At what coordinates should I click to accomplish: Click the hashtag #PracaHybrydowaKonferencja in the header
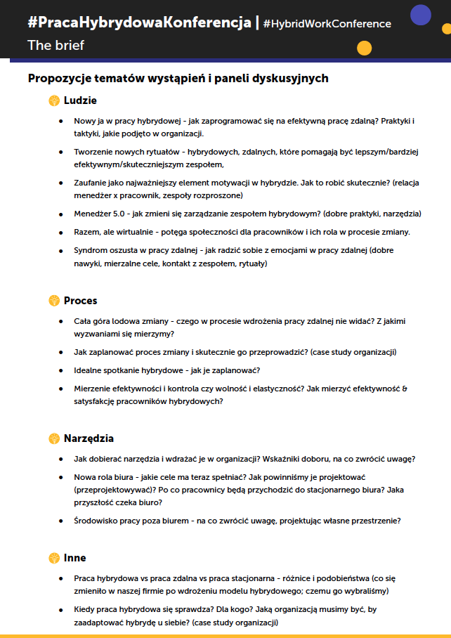[x=139, y=22]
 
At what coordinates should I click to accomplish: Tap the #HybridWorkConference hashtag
[x=327, y=24]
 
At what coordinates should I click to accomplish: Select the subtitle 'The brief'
[x=55, y=46]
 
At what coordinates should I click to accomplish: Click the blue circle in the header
[x=420, y=15]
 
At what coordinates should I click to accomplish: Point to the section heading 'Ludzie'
[x=80, y=100]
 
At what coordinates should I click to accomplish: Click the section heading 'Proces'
[x=80, y=301]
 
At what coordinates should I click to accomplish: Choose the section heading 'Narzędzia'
[x=89, y=438]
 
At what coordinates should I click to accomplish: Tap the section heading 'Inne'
[x=74, y=558]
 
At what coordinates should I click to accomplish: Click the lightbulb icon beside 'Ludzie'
[x=54, y=100]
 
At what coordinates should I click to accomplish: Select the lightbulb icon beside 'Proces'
[x=54, y=301]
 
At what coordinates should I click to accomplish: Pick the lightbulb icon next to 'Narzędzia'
[x=54, y=438]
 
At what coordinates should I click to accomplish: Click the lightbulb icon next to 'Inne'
[x=54, y=558]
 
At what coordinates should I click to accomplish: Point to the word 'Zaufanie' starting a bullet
[x=91, y=183]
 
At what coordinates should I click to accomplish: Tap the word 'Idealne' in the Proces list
[x=89, y=370]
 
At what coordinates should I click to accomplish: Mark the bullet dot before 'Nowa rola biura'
[x=60, y=477]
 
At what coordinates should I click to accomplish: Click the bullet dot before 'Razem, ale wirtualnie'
[x=60, y=232]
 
